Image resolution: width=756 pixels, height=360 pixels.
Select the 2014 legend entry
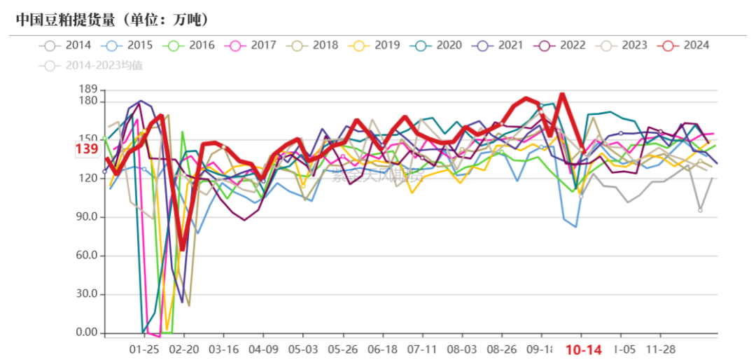[x=70, y=46]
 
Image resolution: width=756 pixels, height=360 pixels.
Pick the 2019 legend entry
[x=377, y=46]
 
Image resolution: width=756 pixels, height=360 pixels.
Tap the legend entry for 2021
[x=501, y=46]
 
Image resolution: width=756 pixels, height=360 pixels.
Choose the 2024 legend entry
[x=687, y=46]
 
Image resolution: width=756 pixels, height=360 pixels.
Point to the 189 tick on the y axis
[x=87, y=90]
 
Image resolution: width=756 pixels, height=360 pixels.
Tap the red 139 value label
[x=86, y=148]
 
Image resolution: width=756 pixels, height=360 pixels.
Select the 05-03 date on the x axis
[x=303, y=349]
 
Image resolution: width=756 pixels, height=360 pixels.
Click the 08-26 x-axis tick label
[x=501, y=349]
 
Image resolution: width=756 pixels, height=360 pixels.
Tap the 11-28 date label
[x=660, y=349]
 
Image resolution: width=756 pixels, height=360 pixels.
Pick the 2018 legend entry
[x=316, y=46]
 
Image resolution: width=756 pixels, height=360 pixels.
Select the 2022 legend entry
[x=563, y=46]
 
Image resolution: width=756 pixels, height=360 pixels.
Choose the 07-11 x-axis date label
[x=422, y=349]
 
